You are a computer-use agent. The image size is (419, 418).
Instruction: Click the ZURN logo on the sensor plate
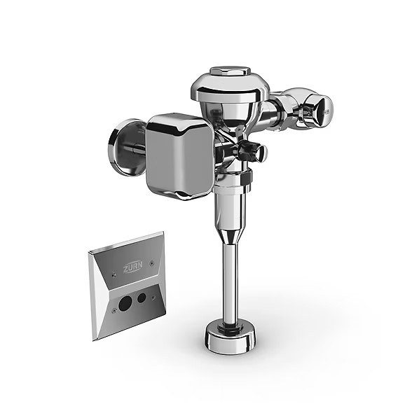pyautogui.click(x=133, y=267)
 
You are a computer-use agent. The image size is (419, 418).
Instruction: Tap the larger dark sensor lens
pyautogui.click(x=125, y=303)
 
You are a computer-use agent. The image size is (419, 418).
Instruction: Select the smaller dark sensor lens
pyautogui.click(x=142, y=298)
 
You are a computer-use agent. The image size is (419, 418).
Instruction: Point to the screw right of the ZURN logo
pyautogui.click(x=152, y=263)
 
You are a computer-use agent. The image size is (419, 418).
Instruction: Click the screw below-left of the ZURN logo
pyautogui.click(x=114, y=274)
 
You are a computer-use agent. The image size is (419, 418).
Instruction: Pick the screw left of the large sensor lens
pyautogui.click(x=114, y=310)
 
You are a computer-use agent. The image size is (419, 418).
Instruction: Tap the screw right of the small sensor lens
pyautogui.click(x=153, y=297)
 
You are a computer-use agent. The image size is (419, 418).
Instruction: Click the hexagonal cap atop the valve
pyautogui.click(x=230, y=71)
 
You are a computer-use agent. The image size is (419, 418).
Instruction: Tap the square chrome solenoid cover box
pyautogui.click(x=179, y=157)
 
